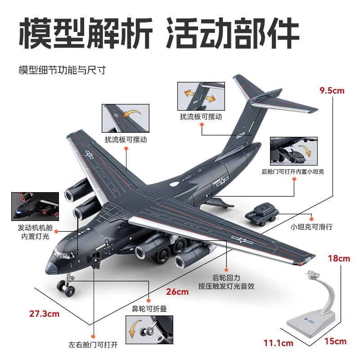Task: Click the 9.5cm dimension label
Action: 332,91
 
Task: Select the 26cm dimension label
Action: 177,292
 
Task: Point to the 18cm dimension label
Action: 338,258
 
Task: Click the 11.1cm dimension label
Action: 278,343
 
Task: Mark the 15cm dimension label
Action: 336,341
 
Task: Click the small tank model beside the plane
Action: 262,213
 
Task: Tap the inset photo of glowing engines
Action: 35,207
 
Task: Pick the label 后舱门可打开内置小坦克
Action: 293,171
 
